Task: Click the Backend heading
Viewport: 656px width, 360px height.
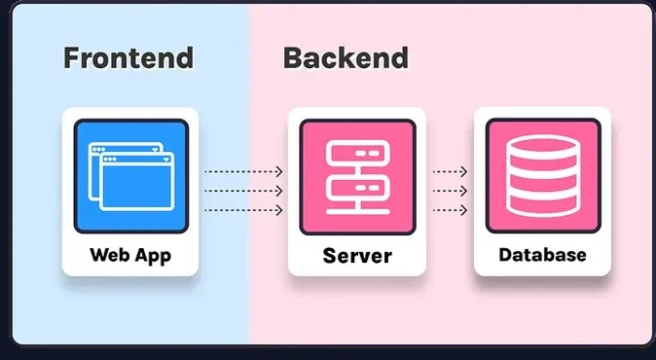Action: pos(346,58)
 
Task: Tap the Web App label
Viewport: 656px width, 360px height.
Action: pos(130,256)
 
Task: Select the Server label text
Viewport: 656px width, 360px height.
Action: pos(357,257)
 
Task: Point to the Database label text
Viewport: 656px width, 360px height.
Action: pos(542,256)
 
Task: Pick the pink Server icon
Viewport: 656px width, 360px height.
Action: pos(357,176)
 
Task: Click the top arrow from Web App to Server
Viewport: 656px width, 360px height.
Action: pos(243,171)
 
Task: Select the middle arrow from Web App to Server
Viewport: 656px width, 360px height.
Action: pos(243,191)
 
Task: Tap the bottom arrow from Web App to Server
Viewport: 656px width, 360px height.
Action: pos(243,210)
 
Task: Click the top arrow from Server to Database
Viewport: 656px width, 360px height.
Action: pos(451,171)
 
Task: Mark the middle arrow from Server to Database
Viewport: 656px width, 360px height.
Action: pos(451,191)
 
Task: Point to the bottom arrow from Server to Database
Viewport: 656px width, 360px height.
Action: pos(451,210)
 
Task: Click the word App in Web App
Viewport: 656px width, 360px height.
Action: pos(153,256)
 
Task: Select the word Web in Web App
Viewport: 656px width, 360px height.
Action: pos(109,256)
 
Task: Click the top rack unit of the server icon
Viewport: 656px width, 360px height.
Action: pos(357,154)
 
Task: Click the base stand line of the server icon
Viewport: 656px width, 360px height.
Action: pos(357,209)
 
